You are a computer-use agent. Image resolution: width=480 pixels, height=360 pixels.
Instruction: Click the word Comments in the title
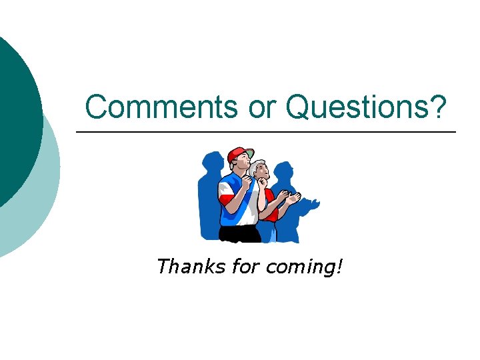(160, 107)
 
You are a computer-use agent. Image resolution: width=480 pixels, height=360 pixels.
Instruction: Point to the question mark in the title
(437, 107)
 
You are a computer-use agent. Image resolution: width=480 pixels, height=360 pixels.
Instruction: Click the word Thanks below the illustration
(190, 267)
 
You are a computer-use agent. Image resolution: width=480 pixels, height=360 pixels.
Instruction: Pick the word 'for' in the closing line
(245, 267)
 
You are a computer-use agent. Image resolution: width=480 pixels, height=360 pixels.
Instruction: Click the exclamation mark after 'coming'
(341, 267)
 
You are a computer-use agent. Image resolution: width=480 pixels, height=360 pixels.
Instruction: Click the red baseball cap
(237, 155)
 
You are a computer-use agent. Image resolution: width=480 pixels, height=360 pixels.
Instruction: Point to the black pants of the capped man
(240, 234)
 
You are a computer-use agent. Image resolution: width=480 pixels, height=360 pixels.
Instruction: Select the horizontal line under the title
(267, 133)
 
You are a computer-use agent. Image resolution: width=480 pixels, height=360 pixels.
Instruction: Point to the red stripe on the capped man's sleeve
(225, 198)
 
